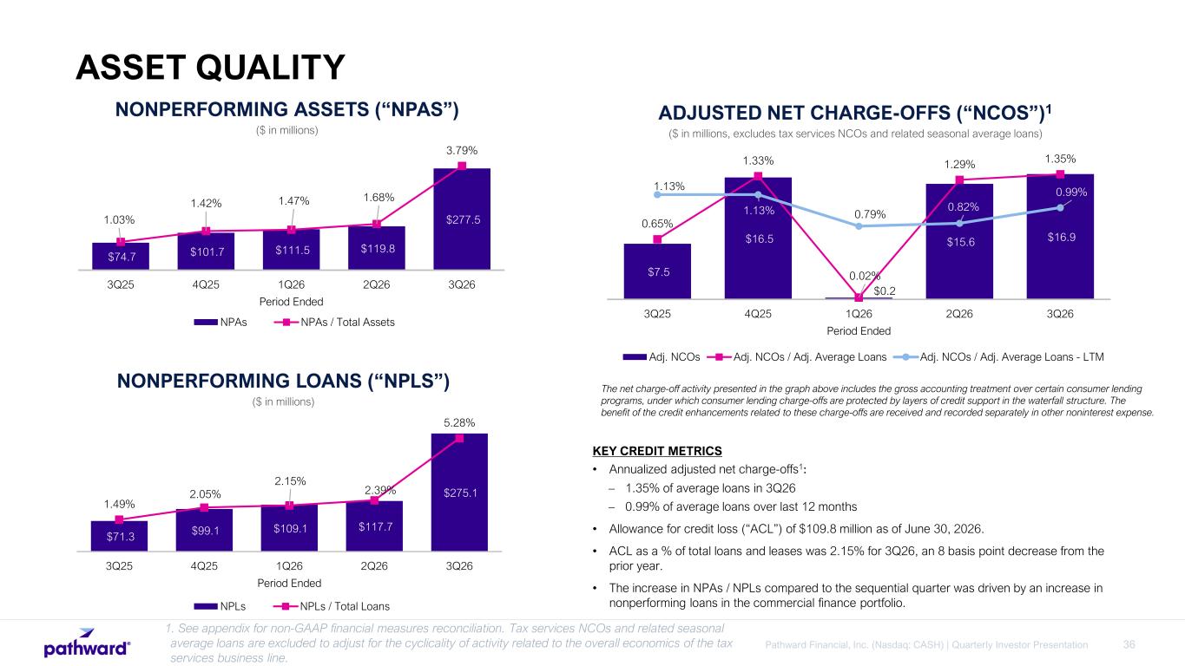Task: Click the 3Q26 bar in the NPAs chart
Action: click(x=462, y=219)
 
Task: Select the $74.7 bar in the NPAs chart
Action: click(x=121, y=257)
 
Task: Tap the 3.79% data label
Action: click(x=462, y=151)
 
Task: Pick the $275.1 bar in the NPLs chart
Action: click(x=459, y=492)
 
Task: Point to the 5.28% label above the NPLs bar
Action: click(x=459, y=423)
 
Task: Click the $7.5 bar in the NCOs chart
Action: click(x=657, y=271)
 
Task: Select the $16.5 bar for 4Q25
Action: click(x=758, y=238)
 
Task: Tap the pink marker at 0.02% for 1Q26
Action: click(x=859, y=297)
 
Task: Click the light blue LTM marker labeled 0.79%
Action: click(x=859, y=226)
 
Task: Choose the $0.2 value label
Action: click(x=885, y=291)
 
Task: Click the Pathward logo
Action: click(x=87, y=643)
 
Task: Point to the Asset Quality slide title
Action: click(x=210, y=68)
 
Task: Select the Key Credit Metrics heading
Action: click(x=657, y=451)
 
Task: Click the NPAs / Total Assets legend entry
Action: click(x=334, y=322)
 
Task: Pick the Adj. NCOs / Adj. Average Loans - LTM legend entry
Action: click(x=998, y=357)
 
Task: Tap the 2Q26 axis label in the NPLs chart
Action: click(x=374, y=566)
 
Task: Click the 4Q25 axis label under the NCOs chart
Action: click(x=758, y=314)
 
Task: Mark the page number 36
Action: click(x=1129, y=644)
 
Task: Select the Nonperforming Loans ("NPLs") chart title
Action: click(x=283, y=381)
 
